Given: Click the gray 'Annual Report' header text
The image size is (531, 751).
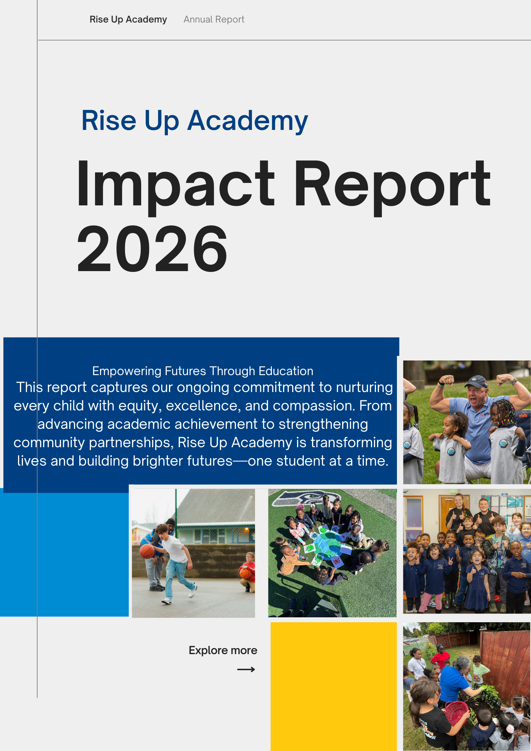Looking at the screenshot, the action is tap(214, 20).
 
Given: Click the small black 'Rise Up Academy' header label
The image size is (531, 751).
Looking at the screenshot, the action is tap(128, 20).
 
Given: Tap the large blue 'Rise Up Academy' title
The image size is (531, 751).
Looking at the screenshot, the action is tap(195, 121).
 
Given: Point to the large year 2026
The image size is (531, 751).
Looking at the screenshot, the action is tap(152, 249).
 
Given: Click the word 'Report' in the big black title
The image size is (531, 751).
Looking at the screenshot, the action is tap(392, 186).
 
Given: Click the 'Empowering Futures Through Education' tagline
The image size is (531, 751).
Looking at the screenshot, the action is tap(203, 371).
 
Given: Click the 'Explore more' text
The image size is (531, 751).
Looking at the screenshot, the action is tap(223, 650).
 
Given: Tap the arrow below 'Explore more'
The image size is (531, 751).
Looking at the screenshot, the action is tap(246, 670).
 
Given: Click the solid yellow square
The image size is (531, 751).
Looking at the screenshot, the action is tap(333, 686).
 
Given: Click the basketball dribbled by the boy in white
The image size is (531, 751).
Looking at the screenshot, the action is tap(147, 551).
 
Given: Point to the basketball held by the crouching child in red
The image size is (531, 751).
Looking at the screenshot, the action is tap(246, 574).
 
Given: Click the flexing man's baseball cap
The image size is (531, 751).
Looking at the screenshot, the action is tap(476, 382).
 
